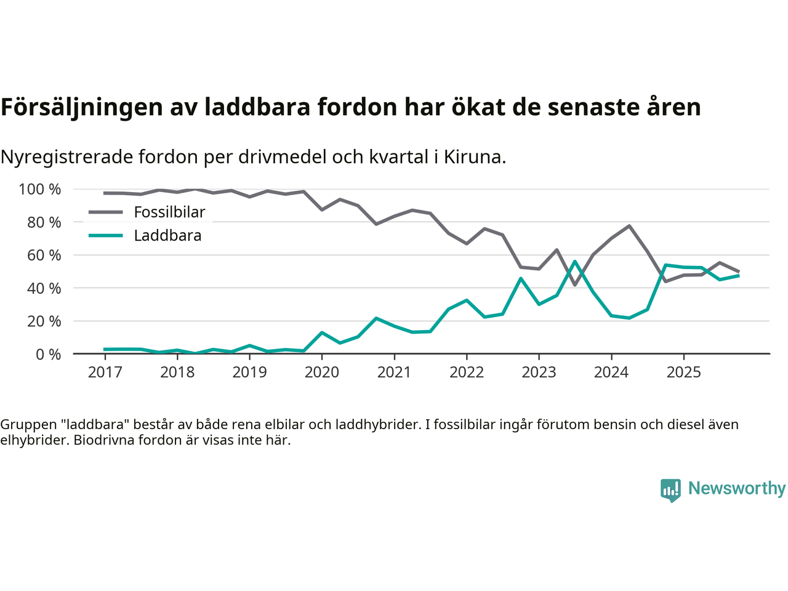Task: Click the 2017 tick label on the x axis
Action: point(105,372)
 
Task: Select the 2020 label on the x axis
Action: point(322,372)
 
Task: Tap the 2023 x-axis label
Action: point(539,372)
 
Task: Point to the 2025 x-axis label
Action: point(684,372)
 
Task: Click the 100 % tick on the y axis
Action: point(40,190)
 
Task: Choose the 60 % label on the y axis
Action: point(44,255)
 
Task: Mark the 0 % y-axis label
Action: point(48,355)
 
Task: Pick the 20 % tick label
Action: point(44,321)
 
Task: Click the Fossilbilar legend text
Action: point(169,212)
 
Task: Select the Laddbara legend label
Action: point(167,236)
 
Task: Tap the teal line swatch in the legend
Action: point(106,236)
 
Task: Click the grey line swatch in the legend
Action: point(106,212)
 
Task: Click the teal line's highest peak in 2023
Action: point(575,262)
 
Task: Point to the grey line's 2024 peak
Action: point(629,226)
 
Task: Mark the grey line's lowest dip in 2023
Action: point(575,284)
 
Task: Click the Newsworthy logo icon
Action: point(670,490)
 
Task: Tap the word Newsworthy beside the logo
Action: point(737,488)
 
